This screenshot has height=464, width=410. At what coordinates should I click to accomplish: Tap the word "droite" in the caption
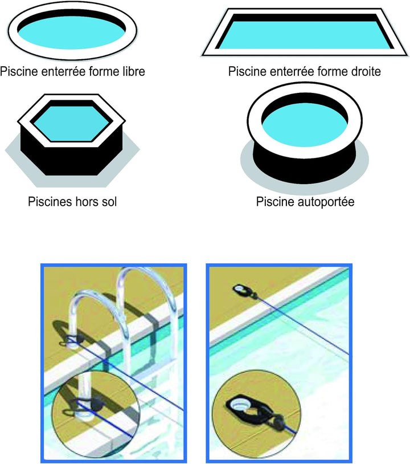tap(364, 71)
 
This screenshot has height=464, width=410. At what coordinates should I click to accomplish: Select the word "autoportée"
tap(326, 202)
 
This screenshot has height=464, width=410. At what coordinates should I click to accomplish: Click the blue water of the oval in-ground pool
tap(71, 35)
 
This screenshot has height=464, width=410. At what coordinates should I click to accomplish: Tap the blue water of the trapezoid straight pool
tap(305, 35)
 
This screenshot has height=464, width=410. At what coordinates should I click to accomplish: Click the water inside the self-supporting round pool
tap(305, 125)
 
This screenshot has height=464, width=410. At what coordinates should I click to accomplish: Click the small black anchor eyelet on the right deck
tap(243, 291)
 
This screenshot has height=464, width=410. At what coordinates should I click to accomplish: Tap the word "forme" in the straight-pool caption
tap(330, 71)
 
